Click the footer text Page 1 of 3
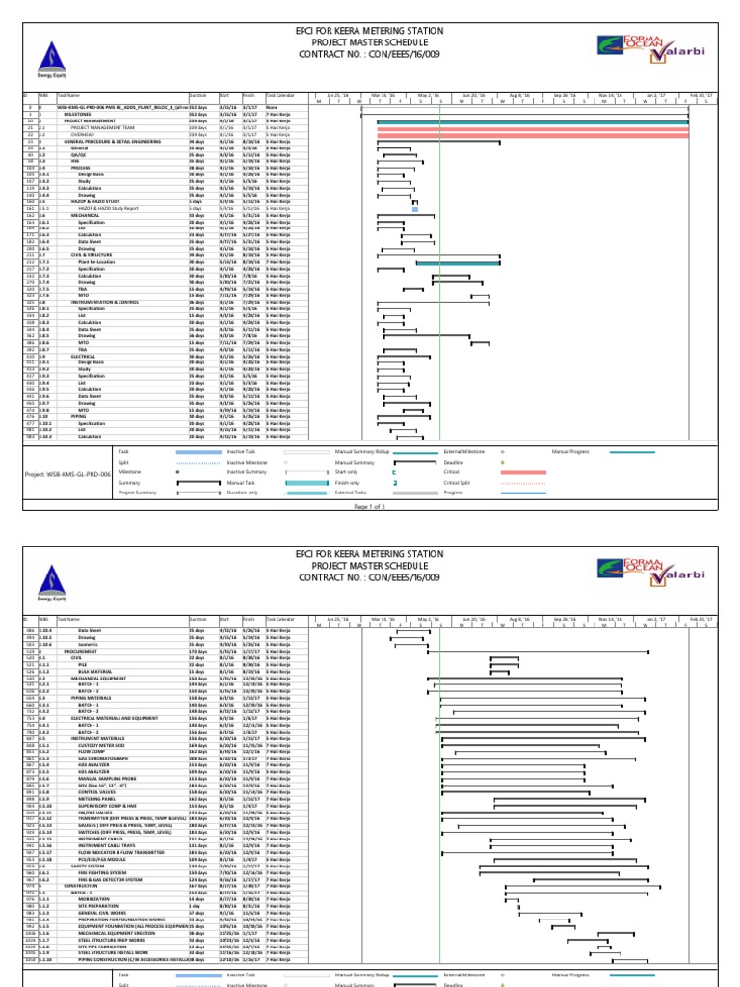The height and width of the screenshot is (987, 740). click(370, 506)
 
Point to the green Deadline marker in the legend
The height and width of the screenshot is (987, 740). click(503, 462)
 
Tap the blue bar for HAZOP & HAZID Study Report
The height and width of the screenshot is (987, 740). click(415, 208)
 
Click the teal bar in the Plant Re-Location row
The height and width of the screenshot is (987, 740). click(458, 262)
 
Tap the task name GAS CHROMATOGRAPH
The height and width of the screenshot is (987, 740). click(101, 759)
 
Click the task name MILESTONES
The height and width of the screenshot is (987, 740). click(78, 114)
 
